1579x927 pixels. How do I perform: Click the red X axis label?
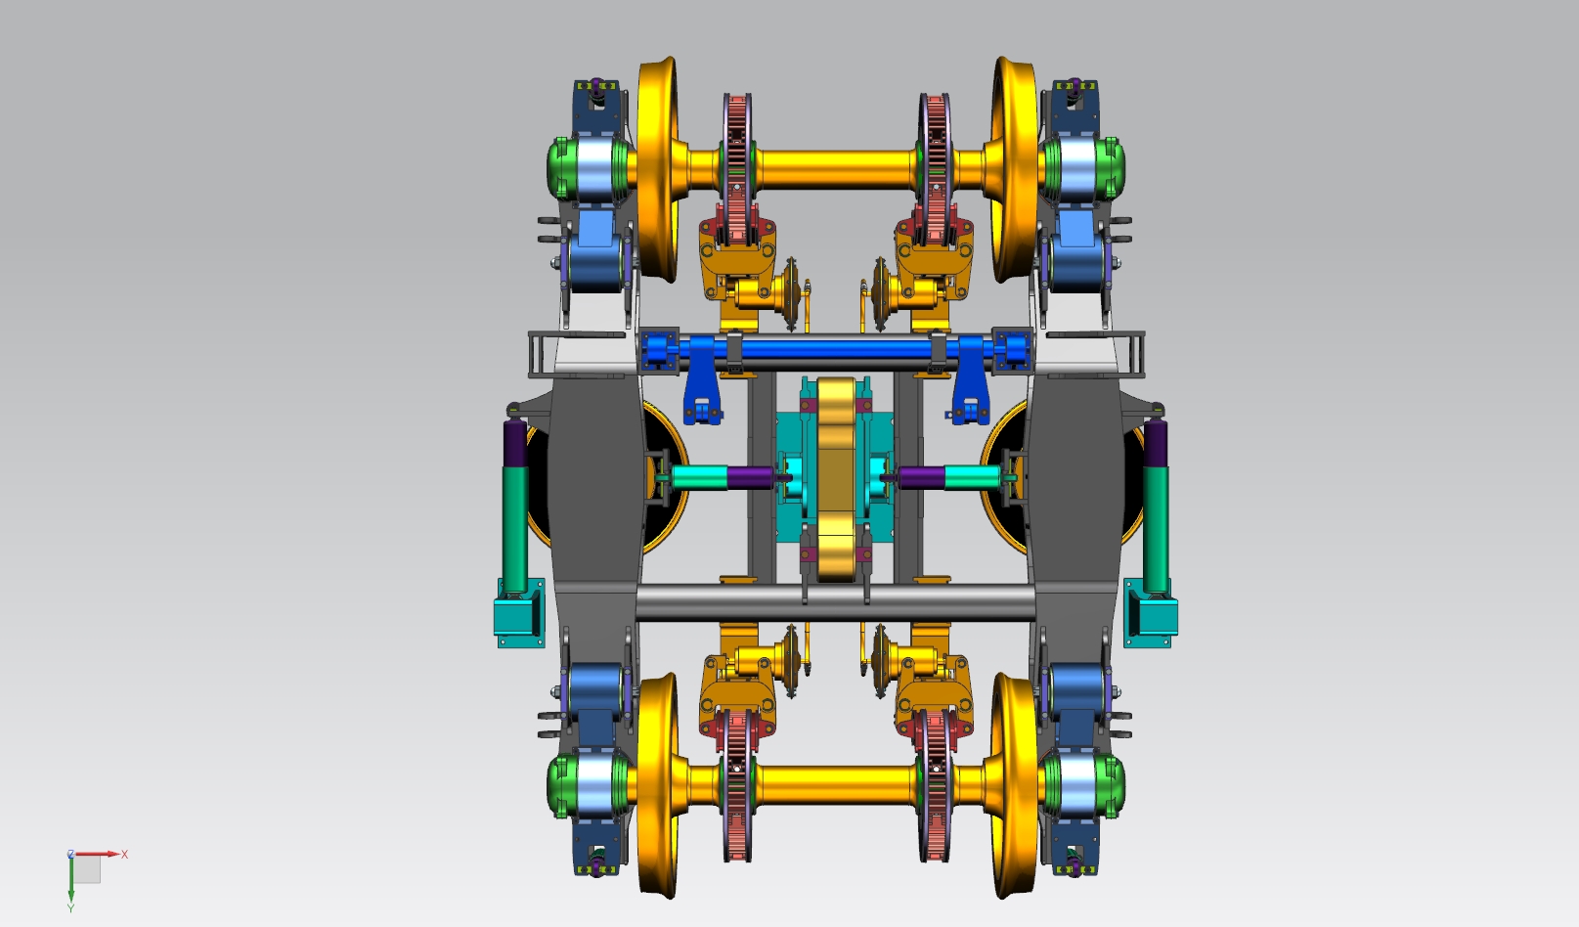(124, 854)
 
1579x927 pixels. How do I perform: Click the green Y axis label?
(70, 908)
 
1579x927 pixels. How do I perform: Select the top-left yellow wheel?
(658, 169)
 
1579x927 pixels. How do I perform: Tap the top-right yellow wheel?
(1015, 169)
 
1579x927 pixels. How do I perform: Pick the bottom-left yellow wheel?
(658, 785)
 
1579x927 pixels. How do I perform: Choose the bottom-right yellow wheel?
(1015, 785)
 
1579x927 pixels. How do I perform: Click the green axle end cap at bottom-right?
(1112, 787)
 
